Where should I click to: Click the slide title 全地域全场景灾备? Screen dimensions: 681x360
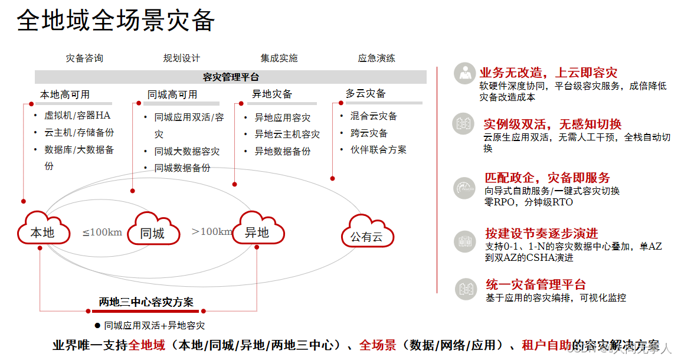116,21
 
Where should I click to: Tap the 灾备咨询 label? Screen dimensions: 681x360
84,58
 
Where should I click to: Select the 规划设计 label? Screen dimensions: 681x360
182,58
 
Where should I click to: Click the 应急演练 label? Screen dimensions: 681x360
376,58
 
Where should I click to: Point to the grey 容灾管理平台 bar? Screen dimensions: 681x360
231,77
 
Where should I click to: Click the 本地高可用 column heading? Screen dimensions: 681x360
65,94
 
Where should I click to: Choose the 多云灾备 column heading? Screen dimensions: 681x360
365,93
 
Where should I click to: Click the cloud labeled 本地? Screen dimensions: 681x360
42,232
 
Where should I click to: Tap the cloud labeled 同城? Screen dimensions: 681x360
152,233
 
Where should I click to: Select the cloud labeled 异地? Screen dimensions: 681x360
257,232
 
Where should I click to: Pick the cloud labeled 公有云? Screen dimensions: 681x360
366,236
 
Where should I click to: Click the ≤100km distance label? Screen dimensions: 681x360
102,232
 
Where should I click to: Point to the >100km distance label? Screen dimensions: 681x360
212,231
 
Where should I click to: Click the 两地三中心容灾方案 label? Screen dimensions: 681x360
146,302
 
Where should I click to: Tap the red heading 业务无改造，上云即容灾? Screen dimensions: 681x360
548,73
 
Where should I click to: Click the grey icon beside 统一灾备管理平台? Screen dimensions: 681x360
465,289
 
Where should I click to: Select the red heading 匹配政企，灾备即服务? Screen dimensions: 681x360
547,178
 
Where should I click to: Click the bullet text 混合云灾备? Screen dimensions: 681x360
374,116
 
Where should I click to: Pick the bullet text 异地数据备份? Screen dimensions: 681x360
282,151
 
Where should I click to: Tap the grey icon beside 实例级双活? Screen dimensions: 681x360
463,123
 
